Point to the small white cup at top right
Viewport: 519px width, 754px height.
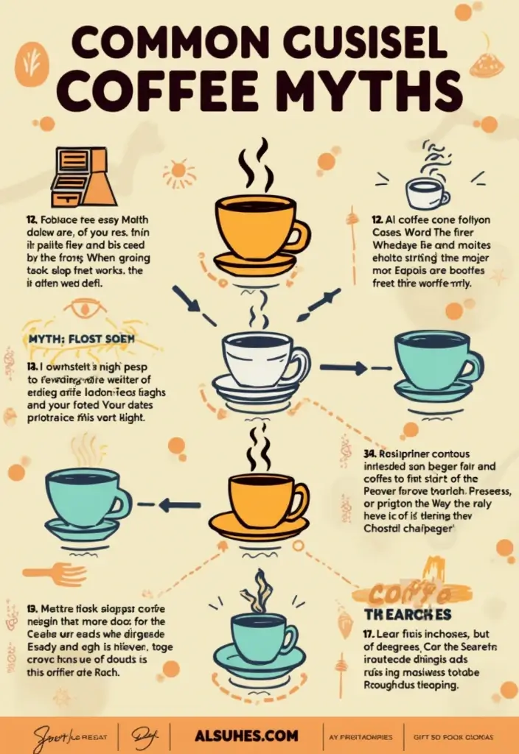click(427, 193)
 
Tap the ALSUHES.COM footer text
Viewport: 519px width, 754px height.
click(247, 736)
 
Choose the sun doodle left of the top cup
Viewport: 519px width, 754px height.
click(179, 174)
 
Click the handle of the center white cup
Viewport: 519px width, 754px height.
click(301, 363)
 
